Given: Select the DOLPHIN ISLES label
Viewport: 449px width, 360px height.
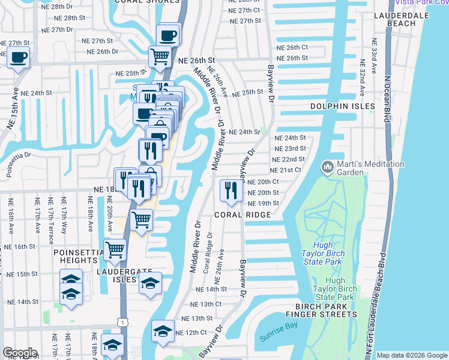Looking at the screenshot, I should (x=338, y=106).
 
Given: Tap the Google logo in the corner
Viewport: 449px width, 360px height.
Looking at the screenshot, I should (x=20, y=353).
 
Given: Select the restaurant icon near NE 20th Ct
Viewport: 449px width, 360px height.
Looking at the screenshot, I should (x=231, y=190).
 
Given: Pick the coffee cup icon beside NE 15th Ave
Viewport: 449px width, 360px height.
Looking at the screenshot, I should (x=18, y=58).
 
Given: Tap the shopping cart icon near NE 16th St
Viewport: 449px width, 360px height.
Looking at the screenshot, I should (x=114, y=249).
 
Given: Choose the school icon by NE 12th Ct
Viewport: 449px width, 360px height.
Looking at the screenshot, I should (x=163, y=331).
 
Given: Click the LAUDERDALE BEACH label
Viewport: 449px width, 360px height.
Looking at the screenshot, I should (x=401, y=19).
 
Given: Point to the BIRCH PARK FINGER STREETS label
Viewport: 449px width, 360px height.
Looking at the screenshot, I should (x=321, y=310).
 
